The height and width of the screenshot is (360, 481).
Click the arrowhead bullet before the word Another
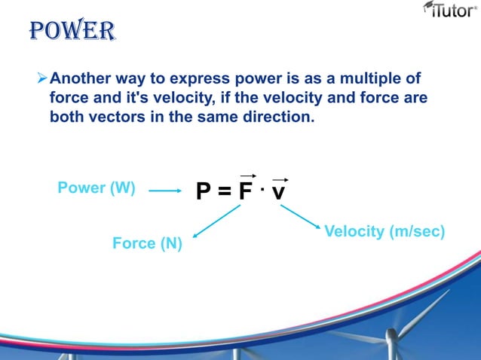coord(42,78)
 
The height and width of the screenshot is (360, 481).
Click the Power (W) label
coord(97,188)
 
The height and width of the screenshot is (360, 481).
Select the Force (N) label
coord(147,243)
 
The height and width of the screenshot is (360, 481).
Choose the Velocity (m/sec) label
coord(384,231)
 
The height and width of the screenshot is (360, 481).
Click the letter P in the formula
coord(203,193)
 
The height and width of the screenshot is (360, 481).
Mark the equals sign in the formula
coord(224,194)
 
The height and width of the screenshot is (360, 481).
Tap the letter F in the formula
coord(245,193)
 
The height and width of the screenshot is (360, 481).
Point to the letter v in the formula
coord(278,194)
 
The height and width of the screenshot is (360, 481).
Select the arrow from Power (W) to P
coord(165,191)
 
